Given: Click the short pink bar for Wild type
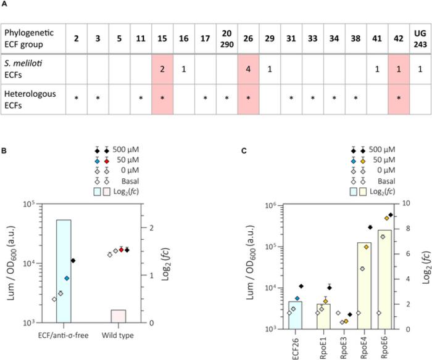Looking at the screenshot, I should (x=118, y=316).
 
